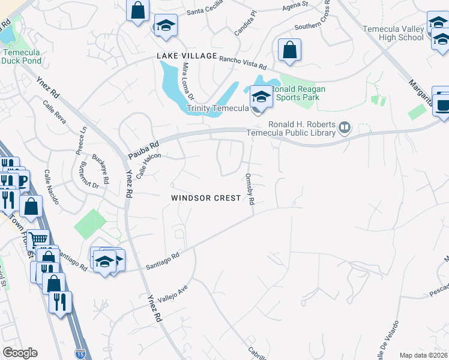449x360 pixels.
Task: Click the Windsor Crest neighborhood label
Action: click(x=206, y=198)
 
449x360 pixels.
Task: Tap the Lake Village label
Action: click(x=187, y=56)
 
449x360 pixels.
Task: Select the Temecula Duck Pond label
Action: click(x=21, y=56)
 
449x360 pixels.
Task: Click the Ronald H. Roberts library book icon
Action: click(x=345, y=127)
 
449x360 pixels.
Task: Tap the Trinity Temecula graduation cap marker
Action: click(x=261, y=96)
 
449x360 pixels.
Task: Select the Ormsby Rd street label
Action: click(x=250, y=188)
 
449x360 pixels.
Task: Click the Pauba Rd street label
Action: click(x=143, y=149)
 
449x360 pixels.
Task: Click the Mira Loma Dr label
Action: click(x=188, y=81)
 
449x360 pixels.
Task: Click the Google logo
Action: click(x=20, y=353)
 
